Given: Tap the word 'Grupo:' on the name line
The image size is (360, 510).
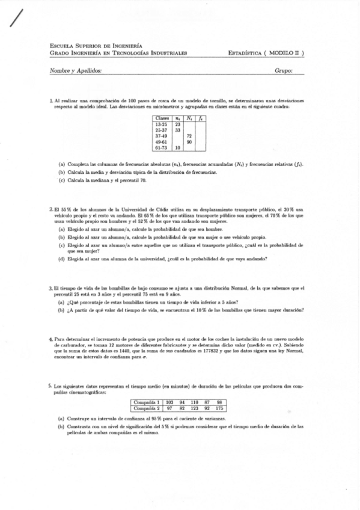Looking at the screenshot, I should coord(283,70).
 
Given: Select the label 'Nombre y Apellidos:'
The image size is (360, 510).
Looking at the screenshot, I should coord(76,70).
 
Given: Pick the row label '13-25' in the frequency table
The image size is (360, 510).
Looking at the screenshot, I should coord(161,124).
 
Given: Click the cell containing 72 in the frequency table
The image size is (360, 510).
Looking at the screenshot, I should coord(189,136).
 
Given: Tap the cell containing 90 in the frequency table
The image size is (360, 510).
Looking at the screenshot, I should coord(189,141).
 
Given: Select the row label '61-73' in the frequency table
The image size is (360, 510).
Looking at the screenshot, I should coord(161,147).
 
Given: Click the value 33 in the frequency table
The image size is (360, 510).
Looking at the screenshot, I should coord(178,130).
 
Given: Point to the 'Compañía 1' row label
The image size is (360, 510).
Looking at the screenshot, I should coord(146,402).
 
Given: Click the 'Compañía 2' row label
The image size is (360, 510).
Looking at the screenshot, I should coord(146,408).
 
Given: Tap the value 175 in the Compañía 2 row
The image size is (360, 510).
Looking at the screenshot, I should coord(219,408).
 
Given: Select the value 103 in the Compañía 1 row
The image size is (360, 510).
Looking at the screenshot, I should coord(169,402).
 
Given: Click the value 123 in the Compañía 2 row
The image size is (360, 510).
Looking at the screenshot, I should coord(194,408).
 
